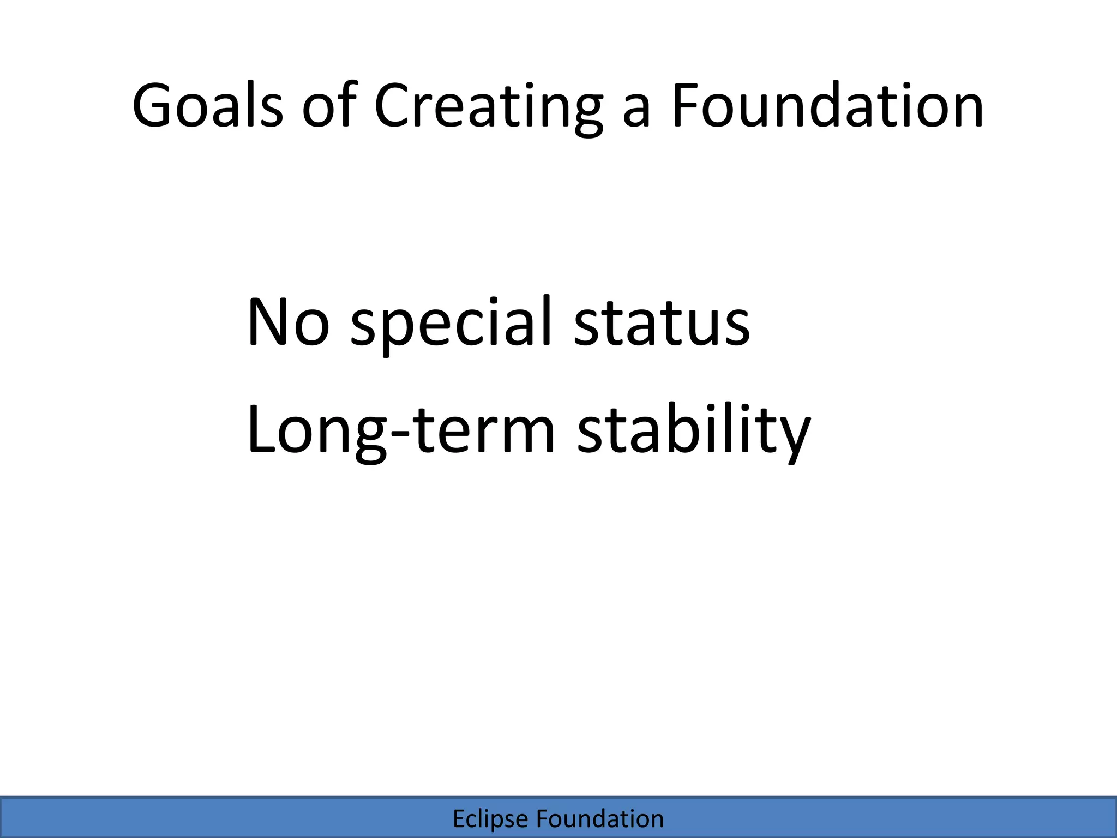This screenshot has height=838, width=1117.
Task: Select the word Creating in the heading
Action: click(x=489, y=106)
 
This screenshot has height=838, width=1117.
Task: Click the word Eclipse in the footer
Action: click(x=490, y=819)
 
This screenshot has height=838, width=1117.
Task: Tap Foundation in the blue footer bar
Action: click(x=600, y=819)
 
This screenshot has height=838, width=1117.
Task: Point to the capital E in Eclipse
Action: click(x=459, y=819)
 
